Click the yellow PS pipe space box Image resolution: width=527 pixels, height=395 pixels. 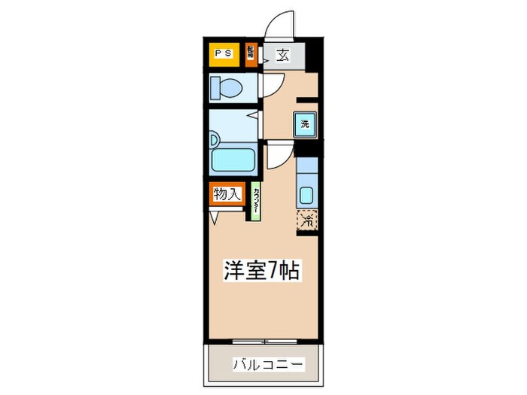pyautogui.click(x=224, y=54)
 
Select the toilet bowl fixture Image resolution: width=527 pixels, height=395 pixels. pyautogui.click(x=227, y=90)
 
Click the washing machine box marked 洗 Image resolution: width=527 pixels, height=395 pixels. pyautogui.click(x=305, y=123)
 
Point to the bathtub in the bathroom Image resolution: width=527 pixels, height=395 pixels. pyautogui.click(x=234, y=160)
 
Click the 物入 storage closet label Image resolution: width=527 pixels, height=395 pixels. pyautogui.click(x=227, y=195)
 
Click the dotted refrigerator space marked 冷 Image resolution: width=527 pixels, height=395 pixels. pyautogui.click(x=307, y=220)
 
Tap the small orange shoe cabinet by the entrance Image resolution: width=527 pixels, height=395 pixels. pyautogui.click(x=251, y=54)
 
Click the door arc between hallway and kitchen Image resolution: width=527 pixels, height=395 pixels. pyautogui.click(x=277, y=156)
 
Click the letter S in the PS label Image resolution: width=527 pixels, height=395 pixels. pyautogui.click(x=227, y=53)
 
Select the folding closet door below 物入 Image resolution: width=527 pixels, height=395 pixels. pyautogui.click(x=217, y=216)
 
